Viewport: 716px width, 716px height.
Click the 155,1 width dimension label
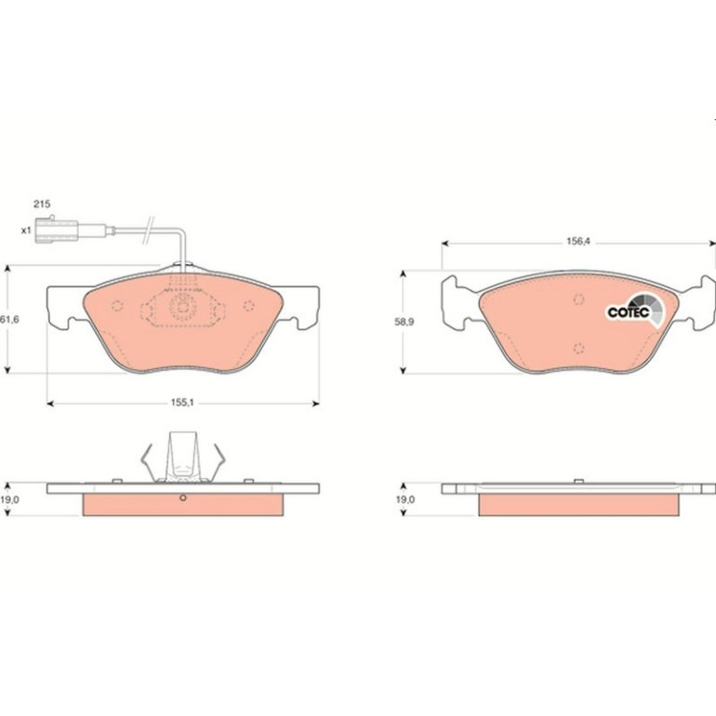click(x=182, y=403)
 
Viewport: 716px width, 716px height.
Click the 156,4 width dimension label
click(x=578, y=242)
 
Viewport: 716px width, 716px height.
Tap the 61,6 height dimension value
click(x=9, y=320)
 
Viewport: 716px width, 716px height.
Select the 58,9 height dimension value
click(x=404, y=322)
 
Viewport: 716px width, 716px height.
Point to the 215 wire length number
click(x=42, y=205)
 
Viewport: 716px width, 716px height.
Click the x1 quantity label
click(x=26, y=231)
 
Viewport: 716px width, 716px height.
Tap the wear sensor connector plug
click(x=57, y=231)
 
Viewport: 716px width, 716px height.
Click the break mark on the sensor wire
click(x=150, y=230)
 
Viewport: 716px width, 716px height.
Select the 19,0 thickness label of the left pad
click(x=9, y=499)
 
